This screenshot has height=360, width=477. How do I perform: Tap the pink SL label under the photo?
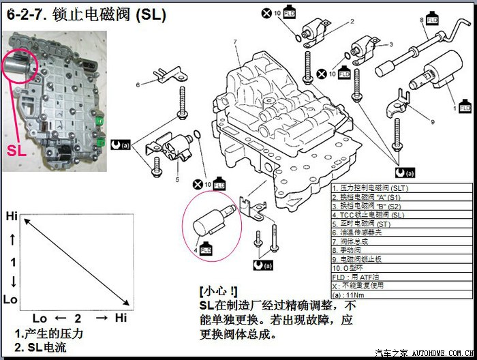click(17, 150)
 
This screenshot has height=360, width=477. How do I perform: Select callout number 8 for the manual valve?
click(422, 20)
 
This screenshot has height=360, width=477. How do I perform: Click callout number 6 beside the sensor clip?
click(138, 85)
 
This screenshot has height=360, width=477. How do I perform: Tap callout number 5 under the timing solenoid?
click(177, 180)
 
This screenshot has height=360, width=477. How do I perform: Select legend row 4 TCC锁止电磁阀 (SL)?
click(369, 215)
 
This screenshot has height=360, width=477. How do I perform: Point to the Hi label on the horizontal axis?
click(121, 318)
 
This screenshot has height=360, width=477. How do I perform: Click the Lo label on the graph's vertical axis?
click(11, 300)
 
